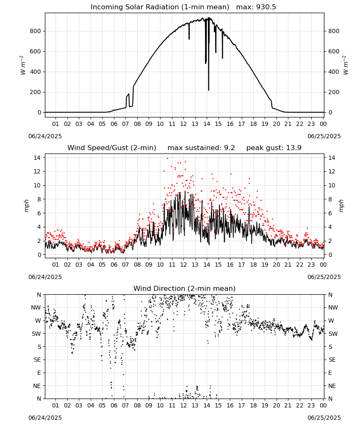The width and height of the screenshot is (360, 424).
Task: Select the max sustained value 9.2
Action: click(x=230, y=148)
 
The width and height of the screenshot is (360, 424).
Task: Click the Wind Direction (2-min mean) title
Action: click(x=185, y=288)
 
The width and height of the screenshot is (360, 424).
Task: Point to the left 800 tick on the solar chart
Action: click(x=36, y=31)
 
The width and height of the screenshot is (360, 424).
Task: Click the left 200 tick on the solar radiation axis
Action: click(x=36, y=92)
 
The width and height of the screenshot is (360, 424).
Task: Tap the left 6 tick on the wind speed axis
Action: click(x=39, y=213)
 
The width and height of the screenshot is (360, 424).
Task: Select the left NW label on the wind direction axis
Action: click(x=36, y=308)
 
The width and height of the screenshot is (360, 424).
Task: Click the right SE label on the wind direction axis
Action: click(x=332, y=360)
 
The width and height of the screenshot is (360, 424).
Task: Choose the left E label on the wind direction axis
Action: click(x=39, y=373)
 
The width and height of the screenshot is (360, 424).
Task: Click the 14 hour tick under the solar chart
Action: click(x=207, y=124)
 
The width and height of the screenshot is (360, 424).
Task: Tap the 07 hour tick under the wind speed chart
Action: click(x=125, y=265)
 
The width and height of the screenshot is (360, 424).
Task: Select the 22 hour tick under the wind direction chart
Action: click(x=299, y=406)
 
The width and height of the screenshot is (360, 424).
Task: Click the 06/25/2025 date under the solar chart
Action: click(x=324, y=136)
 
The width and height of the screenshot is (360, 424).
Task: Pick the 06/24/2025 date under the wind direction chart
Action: click(x=45, y=418)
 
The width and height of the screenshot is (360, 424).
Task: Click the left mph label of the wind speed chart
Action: click(x=26, y=206)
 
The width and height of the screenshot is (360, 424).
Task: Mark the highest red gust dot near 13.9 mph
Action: click(x=167, y=158)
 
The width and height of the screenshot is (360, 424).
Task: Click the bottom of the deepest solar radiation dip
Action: click(x=208, y=90)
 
